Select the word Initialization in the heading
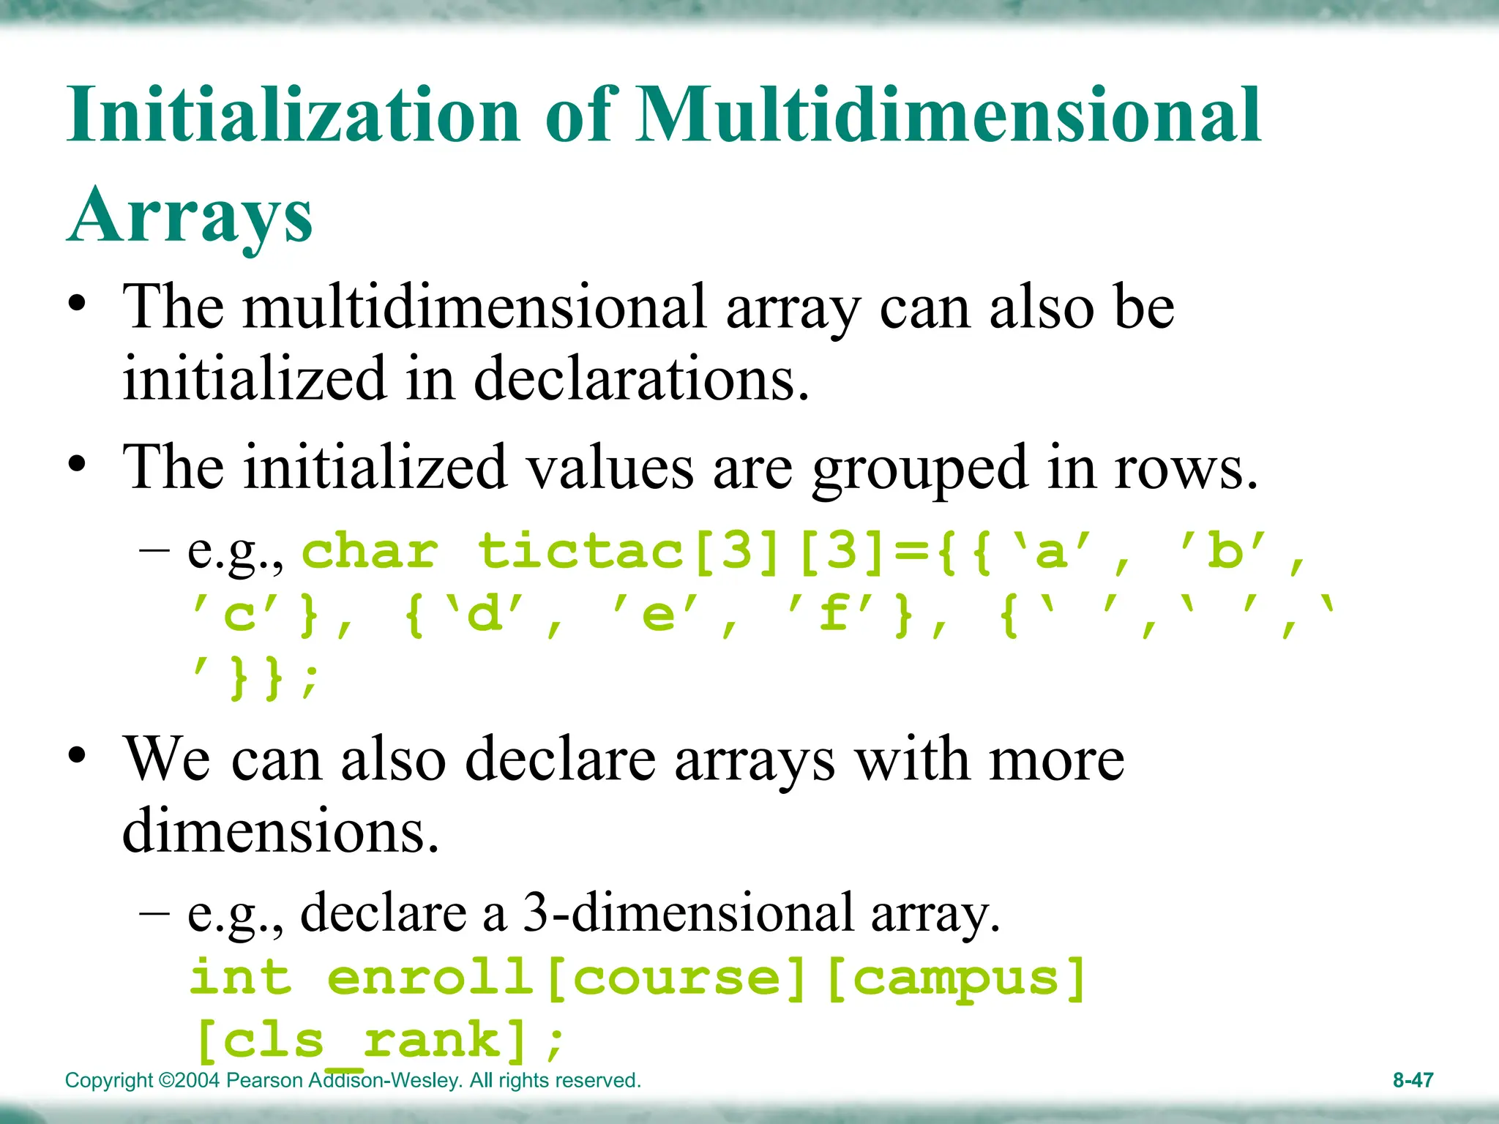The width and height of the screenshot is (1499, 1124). (x=293, y=115)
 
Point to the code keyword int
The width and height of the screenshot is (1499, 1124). (x=241, y=977)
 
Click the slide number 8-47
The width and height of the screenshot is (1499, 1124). (x=1413, y=1080)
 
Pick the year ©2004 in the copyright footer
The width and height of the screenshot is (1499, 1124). (x=189, y=1080)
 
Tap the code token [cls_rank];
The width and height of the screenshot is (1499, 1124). (x=379, y=1041)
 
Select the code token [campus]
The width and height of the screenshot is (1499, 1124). (x=955, y=978)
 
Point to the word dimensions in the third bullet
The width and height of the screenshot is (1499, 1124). (x=280, y=831)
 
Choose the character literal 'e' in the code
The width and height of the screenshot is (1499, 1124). (x=658, y=615)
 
